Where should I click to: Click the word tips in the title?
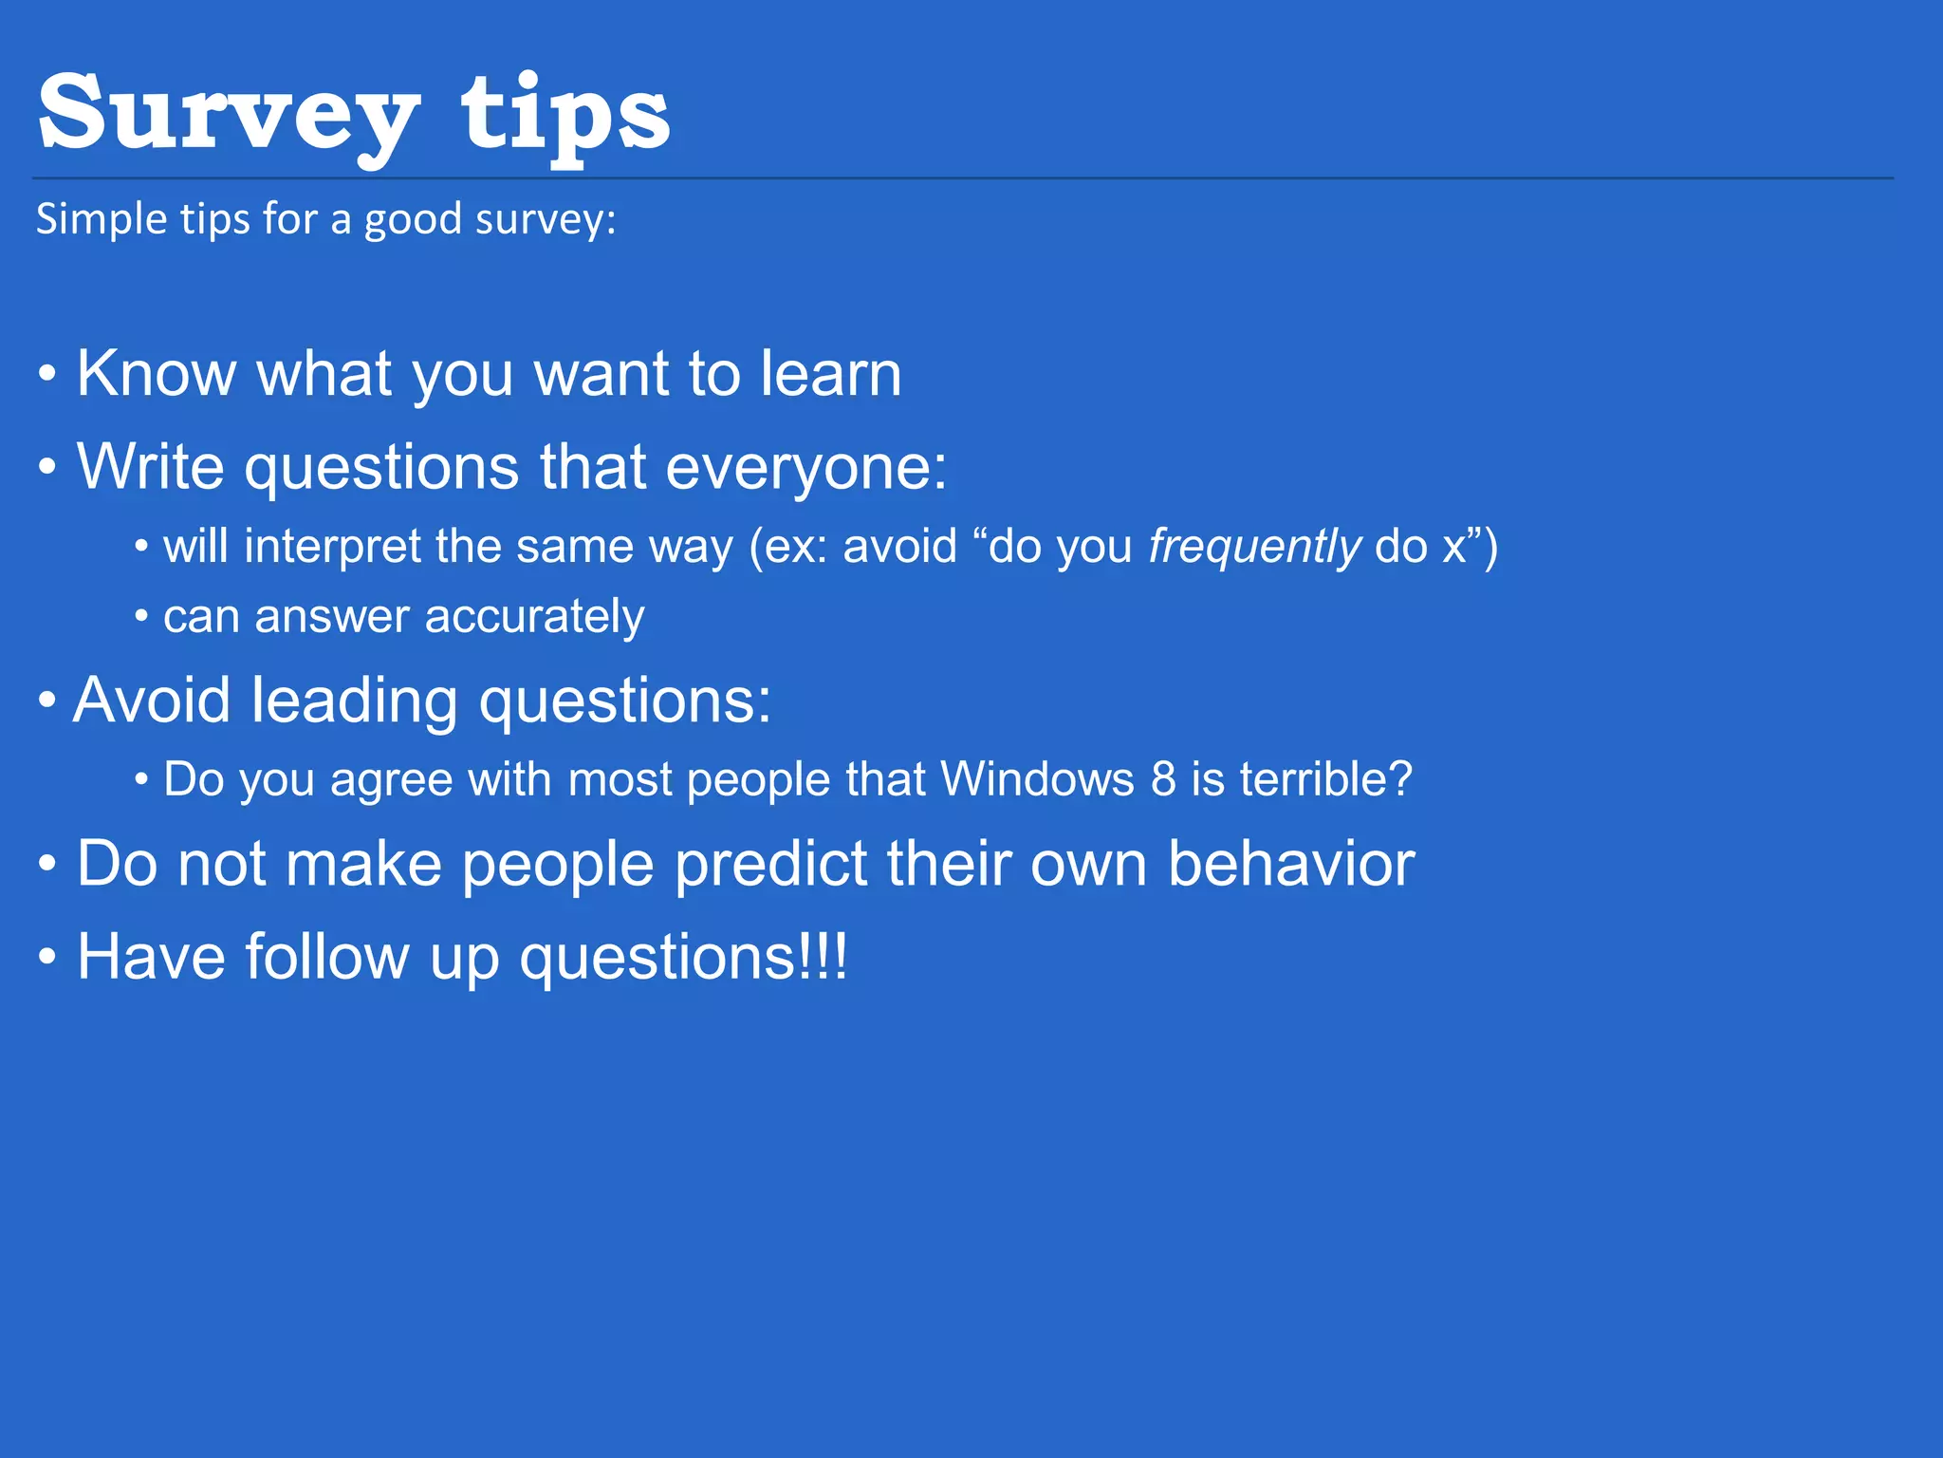coord(565,116)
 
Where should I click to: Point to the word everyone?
coord(806,468)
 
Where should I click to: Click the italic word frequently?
coord(1254,548)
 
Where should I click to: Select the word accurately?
coord(535,618)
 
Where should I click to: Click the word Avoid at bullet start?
coord(152,701)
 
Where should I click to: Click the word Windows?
coord(1037,779)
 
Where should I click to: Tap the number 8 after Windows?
coord(1163,779)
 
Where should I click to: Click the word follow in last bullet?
coord(326,957)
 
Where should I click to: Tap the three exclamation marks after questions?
coord(823,957)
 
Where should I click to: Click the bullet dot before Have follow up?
coord(47,959)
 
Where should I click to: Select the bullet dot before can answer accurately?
coord(141,618)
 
